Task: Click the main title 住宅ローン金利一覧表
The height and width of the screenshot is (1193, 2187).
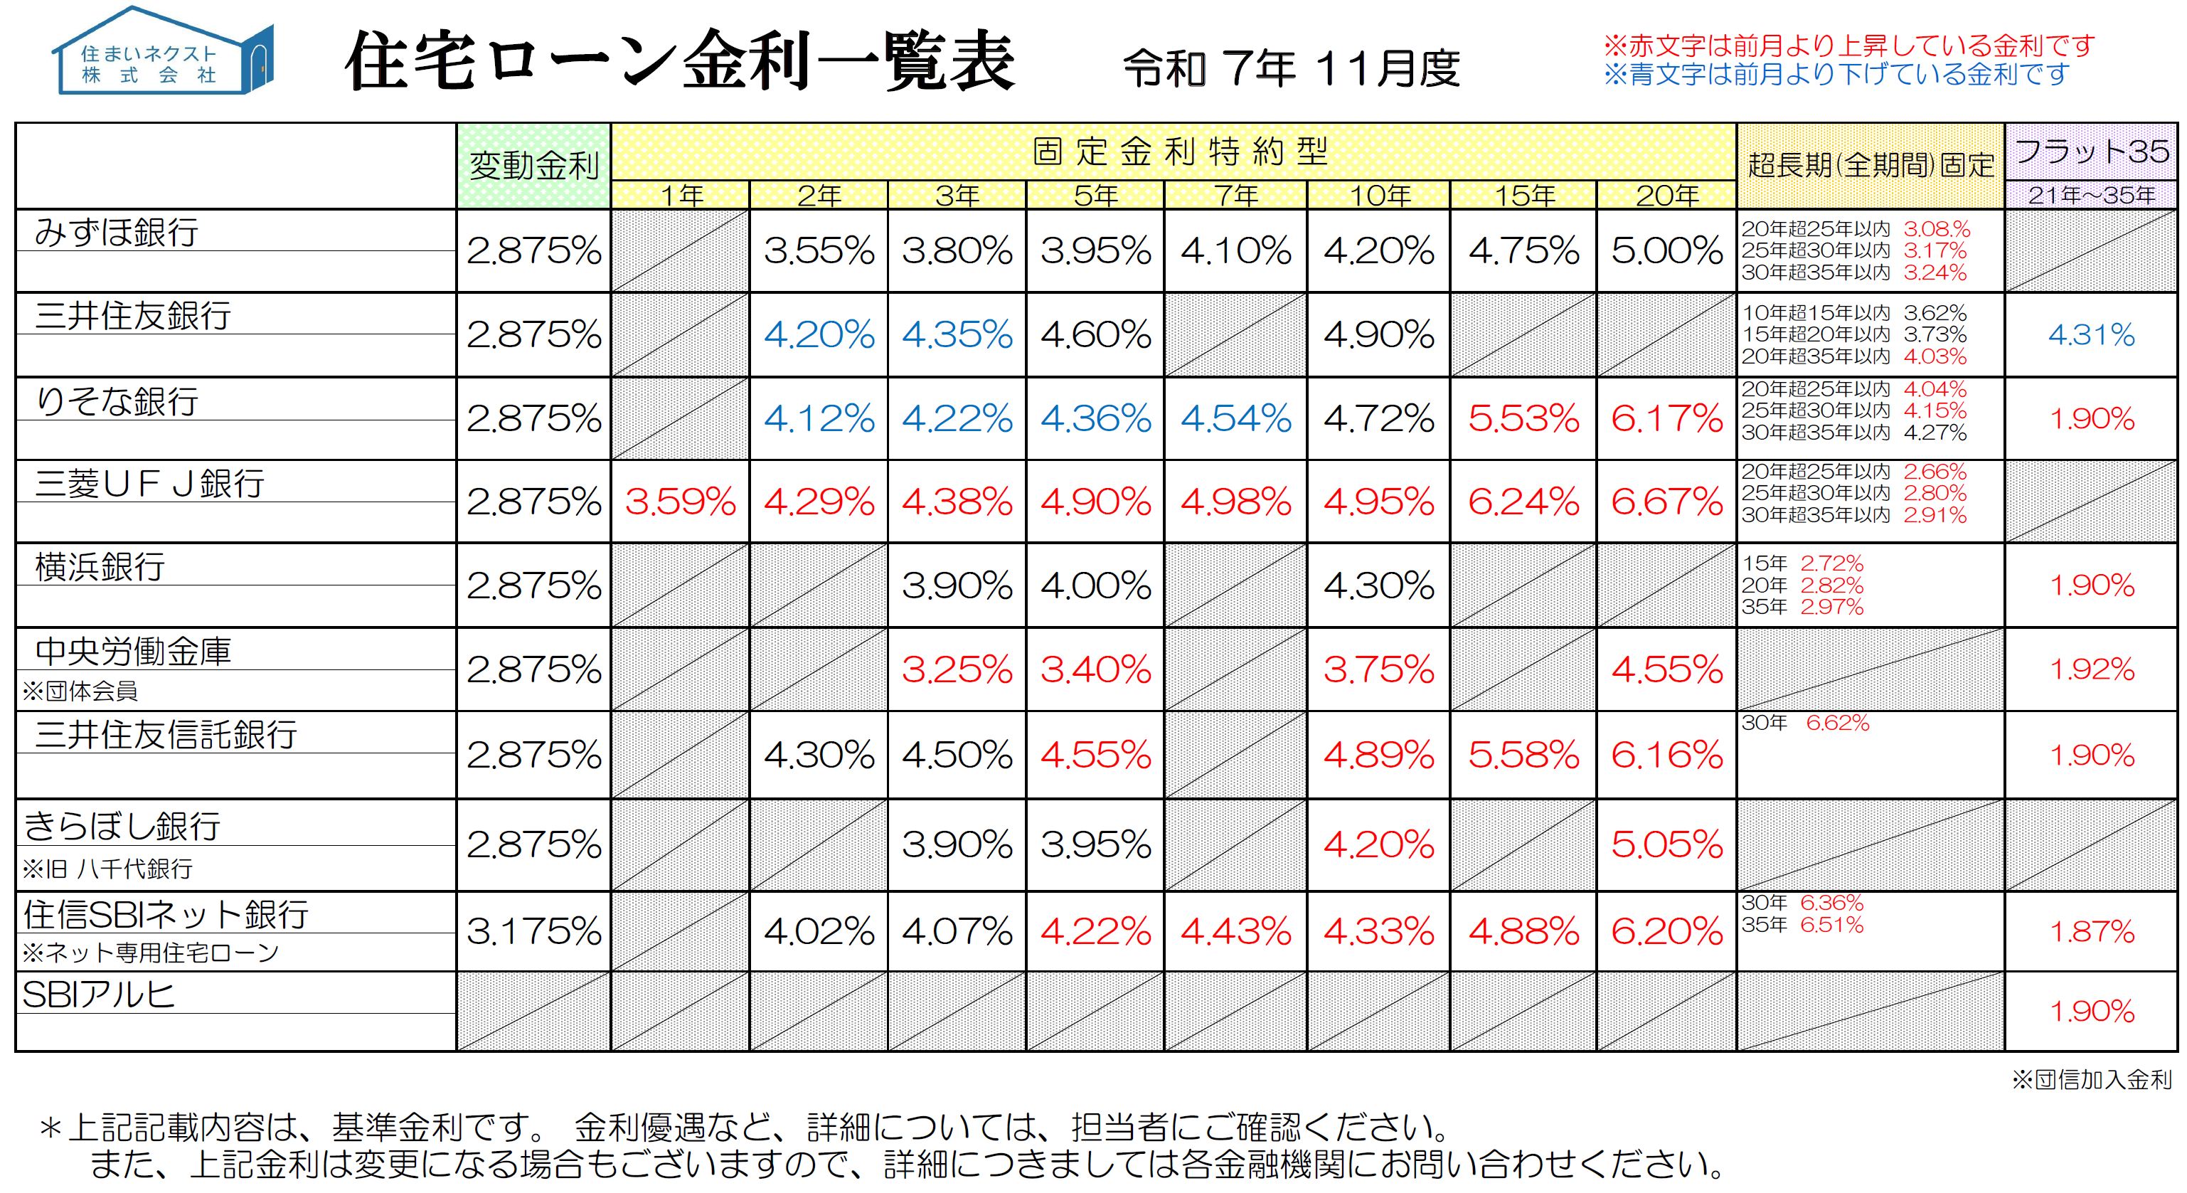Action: point(679,61)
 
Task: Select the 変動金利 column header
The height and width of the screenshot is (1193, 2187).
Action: point(534,166)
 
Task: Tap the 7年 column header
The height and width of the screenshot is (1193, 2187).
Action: point(1235,196)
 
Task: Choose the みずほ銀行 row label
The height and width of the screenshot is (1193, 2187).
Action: point(117,232)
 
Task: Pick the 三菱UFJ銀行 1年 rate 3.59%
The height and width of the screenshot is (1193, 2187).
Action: point(680,502)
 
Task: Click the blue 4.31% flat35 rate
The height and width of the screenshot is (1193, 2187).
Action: point(2091,334)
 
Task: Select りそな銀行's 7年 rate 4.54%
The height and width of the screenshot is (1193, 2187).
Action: point(1235,418)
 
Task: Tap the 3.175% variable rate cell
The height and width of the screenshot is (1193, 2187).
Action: point(534,931)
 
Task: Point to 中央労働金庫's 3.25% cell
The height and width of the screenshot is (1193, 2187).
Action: point(957,670)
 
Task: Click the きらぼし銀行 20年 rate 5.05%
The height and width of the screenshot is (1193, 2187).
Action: point(1666,844)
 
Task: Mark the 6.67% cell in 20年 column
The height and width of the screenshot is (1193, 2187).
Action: point(1666,502)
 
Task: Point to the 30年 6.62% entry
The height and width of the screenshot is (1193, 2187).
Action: point(1805,723)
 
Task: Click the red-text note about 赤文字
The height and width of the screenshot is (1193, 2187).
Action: point(1848,45)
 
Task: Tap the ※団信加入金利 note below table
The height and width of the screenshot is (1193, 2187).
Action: point(2091,1080)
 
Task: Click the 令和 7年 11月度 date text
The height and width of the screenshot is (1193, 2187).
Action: point(1290,68)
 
